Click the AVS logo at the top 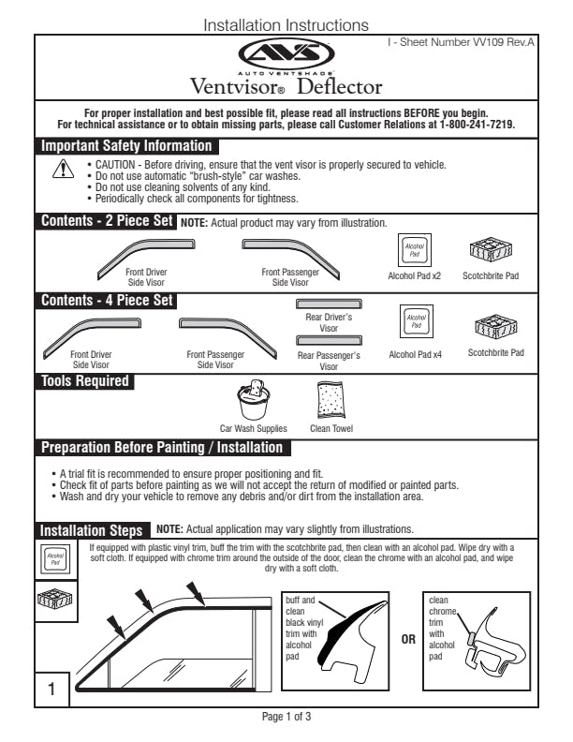286,54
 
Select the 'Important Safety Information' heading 126,146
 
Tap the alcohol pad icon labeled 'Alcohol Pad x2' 414,250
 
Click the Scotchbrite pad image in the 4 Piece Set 494,325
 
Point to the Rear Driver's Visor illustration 329,304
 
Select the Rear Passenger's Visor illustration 329,340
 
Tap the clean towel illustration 330,401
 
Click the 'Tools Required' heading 84,380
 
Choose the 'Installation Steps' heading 92,529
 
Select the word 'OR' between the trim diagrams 407,641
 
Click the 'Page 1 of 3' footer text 286,717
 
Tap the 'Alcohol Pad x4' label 415,355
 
